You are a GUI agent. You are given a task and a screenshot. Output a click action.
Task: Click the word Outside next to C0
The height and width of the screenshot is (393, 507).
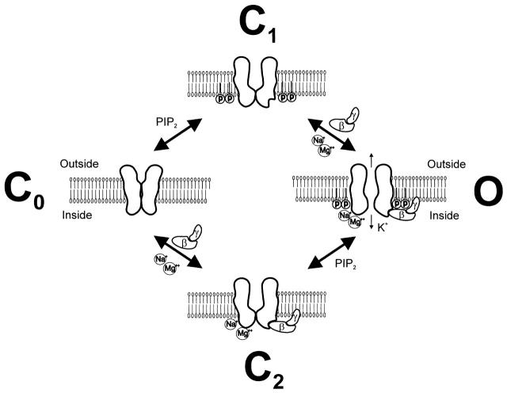(79, 163)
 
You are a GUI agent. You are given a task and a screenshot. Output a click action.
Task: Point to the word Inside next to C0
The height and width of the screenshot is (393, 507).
(77, 213)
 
